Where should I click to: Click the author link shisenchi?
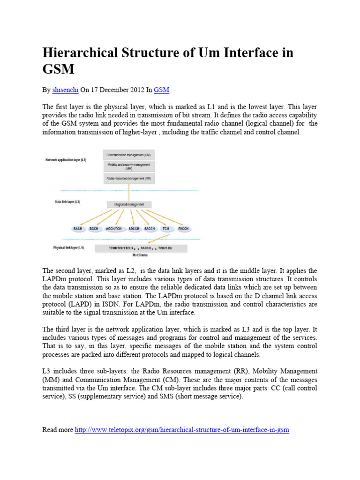(65, 90)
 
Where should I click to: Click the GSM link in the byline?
(161, 90)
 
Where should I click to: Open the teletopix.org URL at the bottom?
(182, 429)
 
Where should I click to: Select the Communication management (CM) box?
(128, 155)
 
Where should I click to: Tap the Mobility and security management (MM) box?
(128, 166)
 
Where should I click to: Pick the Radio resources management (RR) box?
(128, 179)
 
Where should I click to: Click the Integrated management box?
(129, 204)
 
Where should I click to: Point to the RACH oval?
(78, 228)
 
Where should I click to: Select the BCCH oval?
(94, 228)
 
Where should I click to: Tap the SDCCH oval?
(134, 228)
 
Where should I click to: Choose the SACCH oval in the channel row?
(150, 228)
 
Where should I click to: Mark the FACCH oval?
(183, 228)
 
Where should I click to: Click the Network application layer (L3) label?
(66, 160)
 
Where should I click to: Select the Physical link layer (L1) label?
(68, 247)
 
